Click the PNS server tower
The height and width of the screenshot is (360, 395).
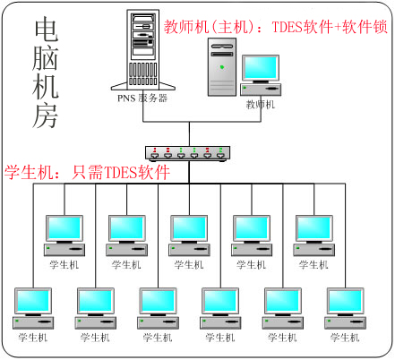pyautogui.click(x=143, y=50)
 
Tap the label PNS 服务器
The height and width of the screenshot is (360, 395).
pyautogui.click(x=142, y=99)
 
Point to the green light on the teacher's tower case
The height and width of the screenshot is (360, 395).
pyautogui.click(x=222, y=67)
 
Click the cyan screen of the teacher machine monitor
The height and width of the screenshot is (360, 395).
pyautogui.click(x=261, y=68)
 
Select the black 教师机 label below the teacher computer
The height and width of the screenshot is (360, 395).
pyautogui.click(x=261, y=105)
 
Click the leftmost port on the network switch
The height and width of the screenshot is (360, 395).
pyautogui.click(x=155, y=156)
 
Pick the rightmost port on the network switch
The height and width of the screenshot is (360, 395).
pyautogui.click(x=220, y=156)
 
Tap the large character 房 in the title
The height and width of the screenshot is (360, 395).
pyautogui.click(x=45, y=116)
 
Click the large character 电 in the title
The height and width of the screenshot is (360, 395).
pyautogui.click(x=46, y=29)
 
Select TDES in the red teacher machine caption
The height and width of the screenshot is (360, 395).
pyautogui.click(x=288, y=27)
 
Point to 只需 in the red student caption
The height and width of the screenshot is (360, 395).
pyautogui.click(x=88, y=172)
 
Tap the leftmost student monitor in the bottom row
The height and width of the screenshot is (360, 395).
pyautogui.click(x=33, y=302)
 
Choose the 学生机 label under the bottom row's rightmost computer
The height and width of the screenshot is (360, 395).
pyautogui.click(x=345, y=338)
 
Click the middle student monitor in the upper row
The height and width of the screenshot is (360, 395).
pyautogui.click(x=189, y=229)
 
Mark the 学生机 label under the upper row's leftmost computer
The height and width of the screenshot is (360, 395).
pyautogui.click(x=64, y=265)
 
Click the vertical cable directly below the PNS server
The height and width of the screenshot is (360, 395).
pyautogui.click(x=143, y=106)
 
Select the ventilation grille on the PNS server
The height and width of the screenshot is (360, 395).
pyautogui.click(x=143, y=73)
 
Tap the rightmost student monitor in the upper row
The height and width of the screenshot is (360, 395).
pyautogui.click(x=314, y=229)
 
